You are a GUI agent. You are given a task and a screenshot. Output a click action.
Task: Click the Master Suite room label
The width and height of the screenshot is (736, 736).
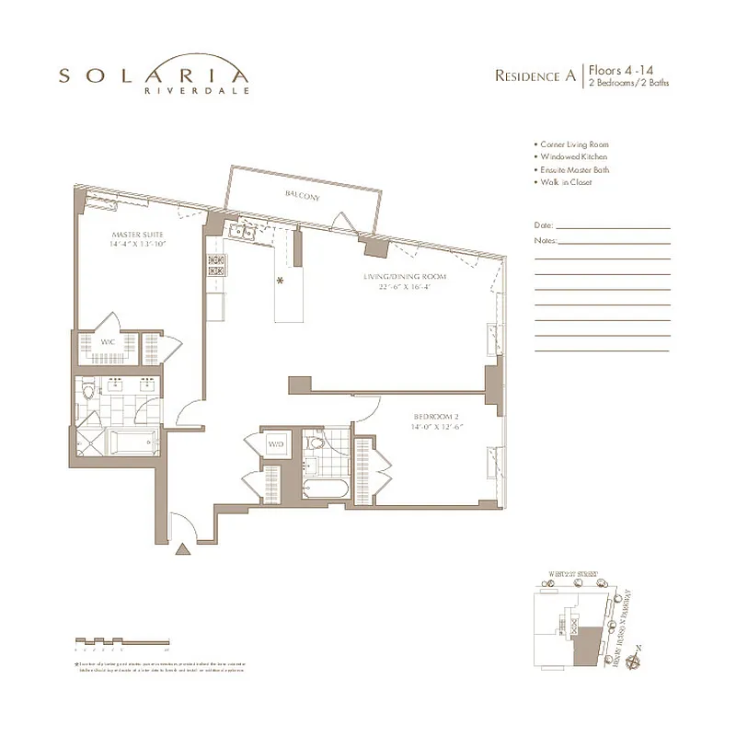[x=138, y=235]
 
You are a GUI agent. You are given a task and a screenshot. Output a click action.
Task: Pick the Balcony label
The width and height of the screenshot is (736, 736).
[x=303, y=195]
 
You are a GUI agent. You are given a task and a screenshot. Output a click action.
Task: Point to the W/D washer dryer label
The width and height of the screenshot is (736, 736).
[x=275, y=444]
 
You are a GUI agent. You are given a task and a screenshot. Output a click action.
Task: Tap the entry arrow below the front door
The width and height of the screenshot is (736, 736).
[x=182, y=550]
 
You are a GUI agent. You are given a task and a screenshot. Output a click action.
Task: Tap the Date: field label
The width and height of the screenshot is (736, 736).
[x=543, y=225]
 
